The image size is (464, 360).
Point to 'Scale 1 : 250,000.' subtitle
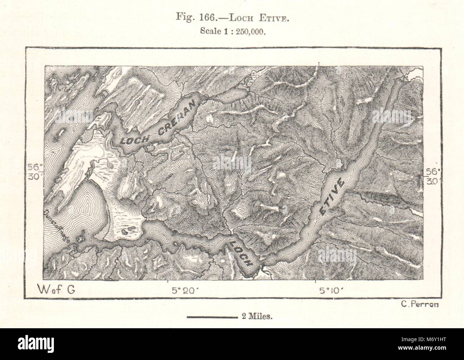(x=232, y=31)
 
